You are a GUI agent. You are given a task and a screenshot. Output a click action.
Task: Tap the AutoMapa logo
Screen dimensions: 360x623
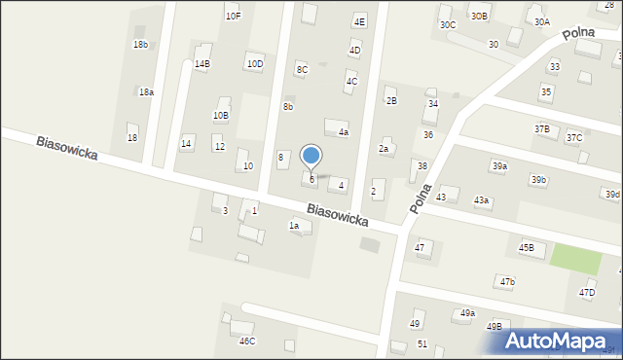click(x=559, y=341)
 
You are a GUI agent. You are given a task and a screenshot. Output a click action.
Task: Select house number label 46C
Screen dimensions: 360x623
click(x=247, y=341)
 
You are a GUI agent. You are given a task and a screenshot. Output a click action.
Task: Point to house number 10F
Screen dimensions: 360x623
click(x=233, y=16)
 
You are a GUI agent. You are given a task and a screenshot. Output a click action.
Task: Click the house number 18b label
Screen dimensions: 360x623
click(x=140, y=45)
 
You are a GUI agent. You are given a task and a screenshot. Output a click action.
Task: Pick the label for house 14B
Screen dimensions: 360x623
click(x=202, y=64)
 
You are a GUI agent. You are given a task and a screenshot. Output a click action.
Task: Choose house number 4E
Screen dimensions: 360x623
click(x=359, y=21)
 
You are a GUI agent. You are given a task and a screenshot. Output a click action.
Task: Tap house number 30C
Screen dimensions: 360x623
click(x=447, y=24)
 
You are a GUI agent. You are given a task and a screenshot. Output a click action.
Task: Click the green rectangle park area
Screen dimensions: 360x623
click(x=575, y=258)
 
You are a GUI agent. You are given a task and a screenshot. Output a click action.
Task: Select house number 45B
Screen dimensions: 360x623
click(x=526, y=248)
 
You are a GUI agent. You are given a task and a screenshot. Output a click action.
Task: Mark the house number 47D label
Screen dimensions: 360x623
click(x=587, y=292)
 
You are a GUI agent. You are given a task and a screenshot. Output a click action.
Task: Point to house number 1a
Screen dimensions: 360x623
click(x=293, y=226)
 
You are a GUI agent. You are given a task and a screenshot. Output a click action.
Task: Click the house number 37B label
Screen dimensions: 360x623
click(x=541, y=128)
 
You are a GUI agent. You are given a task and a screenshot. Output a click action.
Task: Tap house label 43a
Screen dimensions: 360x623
click(x=481, y=200)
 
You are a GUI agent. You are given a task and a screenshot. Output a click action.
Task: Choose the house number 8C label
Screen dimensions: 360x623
click(x=302, y=69)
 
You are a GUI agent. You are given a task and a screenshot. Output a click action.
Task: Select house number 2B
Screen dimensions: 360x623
click(x=390, y=101)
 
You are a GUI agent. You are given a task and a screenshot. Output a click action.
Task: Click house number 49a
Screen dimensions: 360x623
click(x=467, y=313)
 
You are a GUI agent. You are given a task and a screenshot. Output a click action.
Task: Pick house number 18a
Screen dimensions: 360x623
click(x=145, y=91)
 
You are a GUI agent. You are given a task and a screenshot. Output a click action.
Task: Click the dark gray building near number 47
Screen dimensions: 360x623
click(x=371, y=244)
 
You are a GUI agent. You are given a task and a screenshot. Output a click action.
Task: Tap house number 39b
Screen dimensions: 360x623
click(x=538, y=180)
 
